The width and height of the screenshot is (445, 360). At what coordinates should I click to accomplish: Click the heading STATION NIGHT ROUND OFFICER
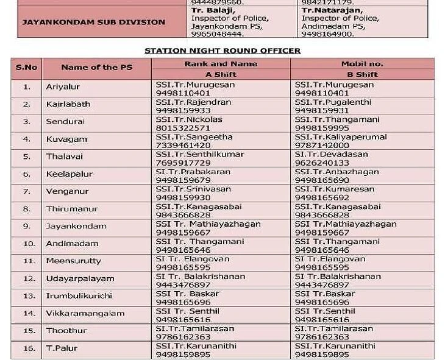pyautogui.click(x=222, y=50)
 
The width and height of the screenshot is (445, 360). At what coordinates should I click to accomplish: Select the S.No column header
pyautogui.click(x=26, y=68)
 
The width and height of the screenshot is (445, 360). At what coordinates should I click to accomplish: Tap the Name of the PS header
pyautogui.click(x=96, y=68)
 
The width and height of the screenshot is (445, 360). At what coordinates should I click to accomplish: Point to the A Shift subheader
pyautogui.click(x=220, y=74)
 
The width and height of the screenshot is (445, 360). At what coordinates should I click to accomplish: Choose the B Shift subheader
pyautogui.click(x=362, y=74)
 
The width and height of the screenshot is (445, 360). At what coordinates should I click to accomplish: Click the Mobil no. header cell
pyautogui.click(x=362, y=63)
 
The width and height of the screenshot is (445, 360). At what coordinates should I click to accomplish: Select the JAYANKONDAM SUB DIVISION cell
pyautogui.click(x=93, y=22)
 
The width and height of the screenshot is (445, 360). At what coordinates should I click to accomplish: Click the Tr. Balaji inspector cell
pyautogui.click(x=221, y=22)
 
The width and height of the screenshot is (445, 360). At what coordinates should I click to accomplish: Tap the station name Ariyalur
pyautogui.click(x=63, y=87)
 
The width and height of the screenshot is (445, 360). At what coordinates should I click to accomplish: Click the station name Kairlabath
pyautogui.click(x=68, y=104)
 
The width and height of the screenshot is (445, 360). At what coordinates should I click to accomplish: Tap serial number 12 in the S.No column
pyautogui.click(x=26, y=278)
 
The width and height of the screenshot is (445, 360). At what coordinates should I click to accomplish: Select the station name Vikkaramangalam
pyautogui.click(x=85, y=314)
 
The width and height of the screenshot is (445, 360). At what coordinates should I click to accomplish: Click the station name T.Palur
pyautogui.click(x=62, y=348)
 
